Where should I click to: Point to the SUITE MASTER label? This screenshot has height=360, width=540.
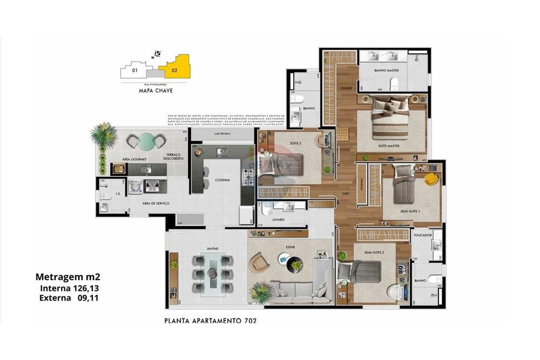388,146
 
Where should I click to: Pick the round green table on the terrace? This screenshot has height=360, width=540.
145,142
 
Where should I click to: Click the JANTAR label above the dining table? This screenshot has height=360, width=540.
212,249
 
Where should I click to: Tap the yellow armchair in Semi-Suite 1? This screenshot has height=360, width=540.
430,179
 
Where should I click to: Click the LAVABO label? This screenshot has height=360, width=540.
279,220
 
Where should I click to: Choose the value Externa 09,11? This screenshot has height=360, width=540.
68,297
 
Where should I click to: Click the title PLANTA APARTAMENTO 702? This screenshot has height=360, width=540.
210,321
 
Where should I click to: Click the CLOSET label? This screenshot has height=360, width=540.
346,88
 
